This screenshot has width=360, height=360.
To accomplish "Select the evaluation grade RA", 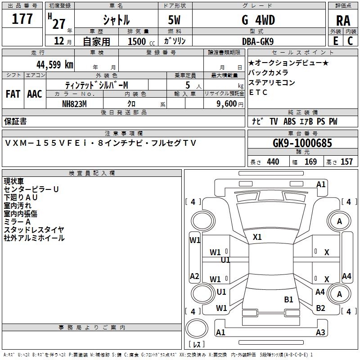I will (x=343, y=20).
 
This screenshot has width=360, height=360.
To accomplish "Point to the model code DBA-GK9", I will (x=258, y=41).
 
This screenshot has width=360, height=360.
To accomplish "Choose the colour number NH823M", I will (x=75, y=103).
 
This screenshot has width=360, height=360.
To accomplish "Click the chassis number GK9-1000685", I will (x=302, y=143).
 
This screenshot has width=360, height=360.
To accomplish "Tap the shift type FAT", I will (x=13, y=94).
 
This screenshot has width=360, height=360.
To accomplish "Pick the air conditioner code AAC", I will (x=34, y=94).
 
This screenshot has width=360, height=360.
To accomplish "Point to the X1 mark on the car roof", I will (x=257, y=237).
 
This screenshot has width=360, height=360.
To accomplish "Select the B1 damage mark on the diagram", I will (x=288, y=299).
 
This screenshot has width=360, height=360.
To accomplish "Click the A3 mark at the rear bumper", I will (x=320, y=333).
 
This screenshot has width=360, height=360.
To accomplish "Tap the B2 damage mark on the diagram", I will (x=320, y=308).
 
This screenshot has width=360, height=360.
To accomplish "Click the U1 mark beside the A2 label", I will (x=221, y=292).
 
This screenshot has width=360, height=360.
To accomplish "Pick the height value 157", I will (x=346, y=162).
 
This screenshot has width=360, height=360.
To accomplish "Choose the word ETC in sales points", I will (x=258, y=93).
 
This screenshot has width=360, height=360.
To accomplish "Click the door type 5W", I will (x=175, y=20).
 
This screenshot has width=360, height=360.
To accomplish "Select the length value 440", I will (x=273, y=162).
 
